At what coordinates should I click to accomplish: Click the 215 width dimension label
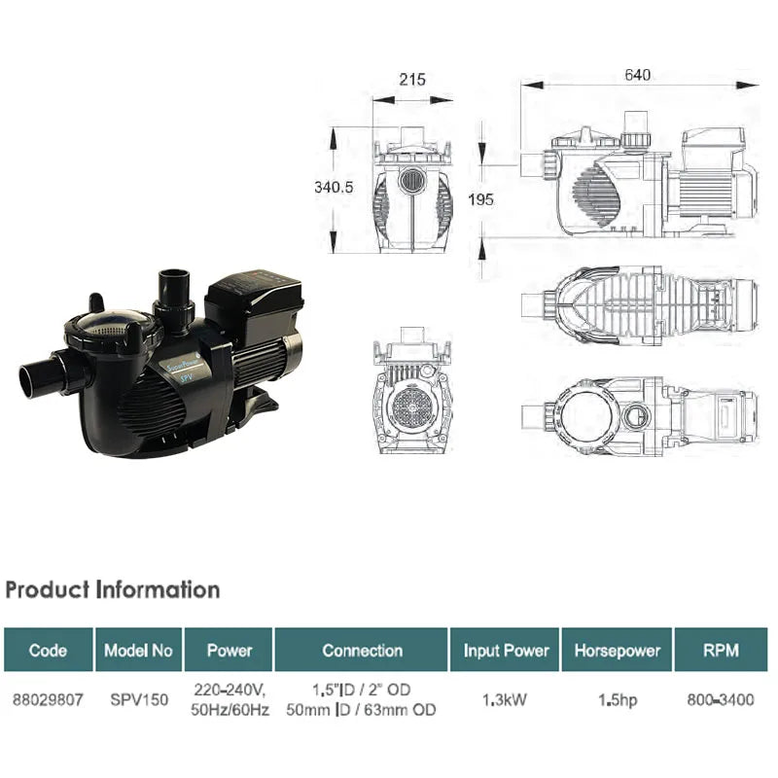(x=412, y=80)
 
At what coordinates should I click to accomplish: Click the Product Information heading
(x=112, y=589)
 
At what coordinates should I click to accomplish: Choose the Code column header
(x=48, y=651)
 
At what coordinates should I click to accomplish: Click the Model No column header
(x=137, y=651)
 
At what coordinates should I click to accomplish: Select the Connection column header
(x=362, y=651)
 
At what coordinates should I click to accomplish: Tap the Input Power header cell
(x=506, y=651)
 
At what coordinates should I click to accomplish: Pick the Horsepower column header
(x=618, y=651)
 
